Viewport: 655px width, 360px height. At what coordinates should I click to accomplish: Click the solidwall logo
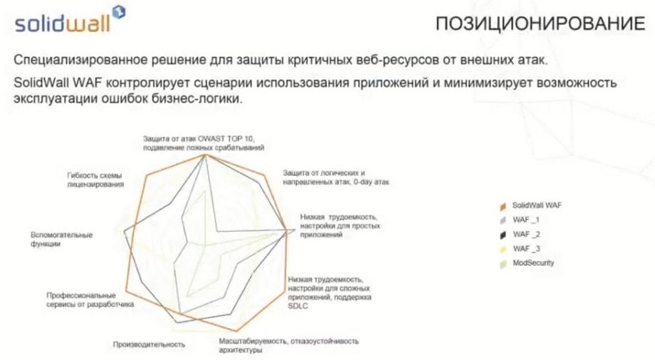(70, 20)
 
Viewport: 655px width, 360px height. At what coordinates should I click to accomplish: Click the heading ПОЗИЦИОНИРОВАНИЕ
(540, 23)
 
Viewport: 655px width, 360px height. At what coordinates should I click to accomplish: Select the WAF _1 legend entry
(520, 220)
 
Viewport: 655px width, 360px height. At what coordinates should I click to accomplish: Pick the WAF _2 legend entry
(520, 234)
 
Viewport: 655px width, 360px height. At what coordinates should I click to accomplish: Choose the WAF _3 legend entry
(520, 249)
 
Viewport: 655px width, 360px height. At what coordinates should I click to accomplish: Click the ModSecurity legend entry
(527, 263)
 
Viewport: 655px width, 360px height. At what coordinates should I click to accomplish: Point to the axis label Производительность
(149, 344)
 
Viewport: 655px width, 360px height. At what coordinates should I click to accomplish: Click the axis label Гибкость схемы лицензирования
(95, 180)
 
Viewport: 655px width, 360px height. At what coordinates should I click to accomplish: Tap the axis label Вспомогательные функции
(61, 239)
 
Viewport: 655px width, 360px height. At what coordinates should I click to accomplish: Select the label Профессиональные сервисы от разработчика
(90, 300)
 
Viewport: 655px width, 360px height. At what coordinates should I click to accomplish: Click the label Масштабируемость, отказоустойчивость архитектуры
(288, 345)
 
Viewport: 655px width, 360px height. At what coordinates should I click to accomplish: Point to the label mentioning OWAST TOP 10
(204, 143)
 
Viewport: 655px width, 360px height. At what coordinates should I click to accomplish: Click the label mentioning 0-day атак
(336, 177)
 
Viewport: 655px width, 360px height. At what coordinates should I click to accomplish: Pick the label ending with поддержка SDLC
(330, 292)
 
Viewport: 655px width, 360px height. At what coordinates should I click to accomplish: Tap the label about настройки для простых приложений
(340, 226)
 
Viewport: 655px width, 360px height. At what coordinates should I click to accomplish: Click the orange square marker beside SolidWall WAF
(503, 206)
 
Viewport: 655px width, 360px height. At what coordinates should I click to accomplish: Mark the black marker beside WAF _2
(503, 235)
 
